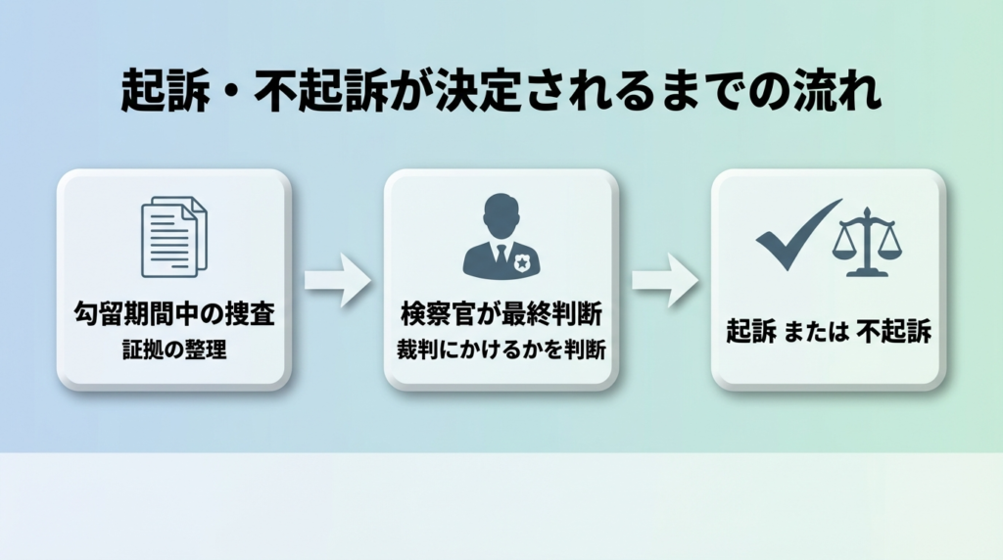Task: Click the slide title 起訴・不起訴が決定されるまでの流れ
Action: pyautogui.click(x=501, y=94)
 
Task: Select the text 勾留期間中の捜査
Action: pyautogui.click(x=173, y=315)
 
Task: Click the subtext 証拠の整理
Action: pyautogui.click(x=173, y=349)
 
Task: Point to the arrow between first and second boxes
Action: pyautogui.click(x=336, y=281)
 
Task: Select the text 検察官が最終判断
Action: pyautogui.click(x=501, y=315)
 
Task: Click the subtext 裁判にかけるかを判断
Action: pyautogui.click(x=501, y=349)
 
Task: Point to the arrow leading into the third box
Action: pyautogui.click(x=663, y=281)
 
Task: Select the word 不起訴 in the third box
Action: pyautogui.click(x=893, y=332)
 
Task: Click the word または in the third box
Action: pyautogui.click(x=818, y=332)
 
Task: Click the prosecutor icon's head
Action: pyautogui.click(x=501, y=212)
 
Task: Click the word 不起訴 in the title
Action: pyautogui.click(x=307, y=94)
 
